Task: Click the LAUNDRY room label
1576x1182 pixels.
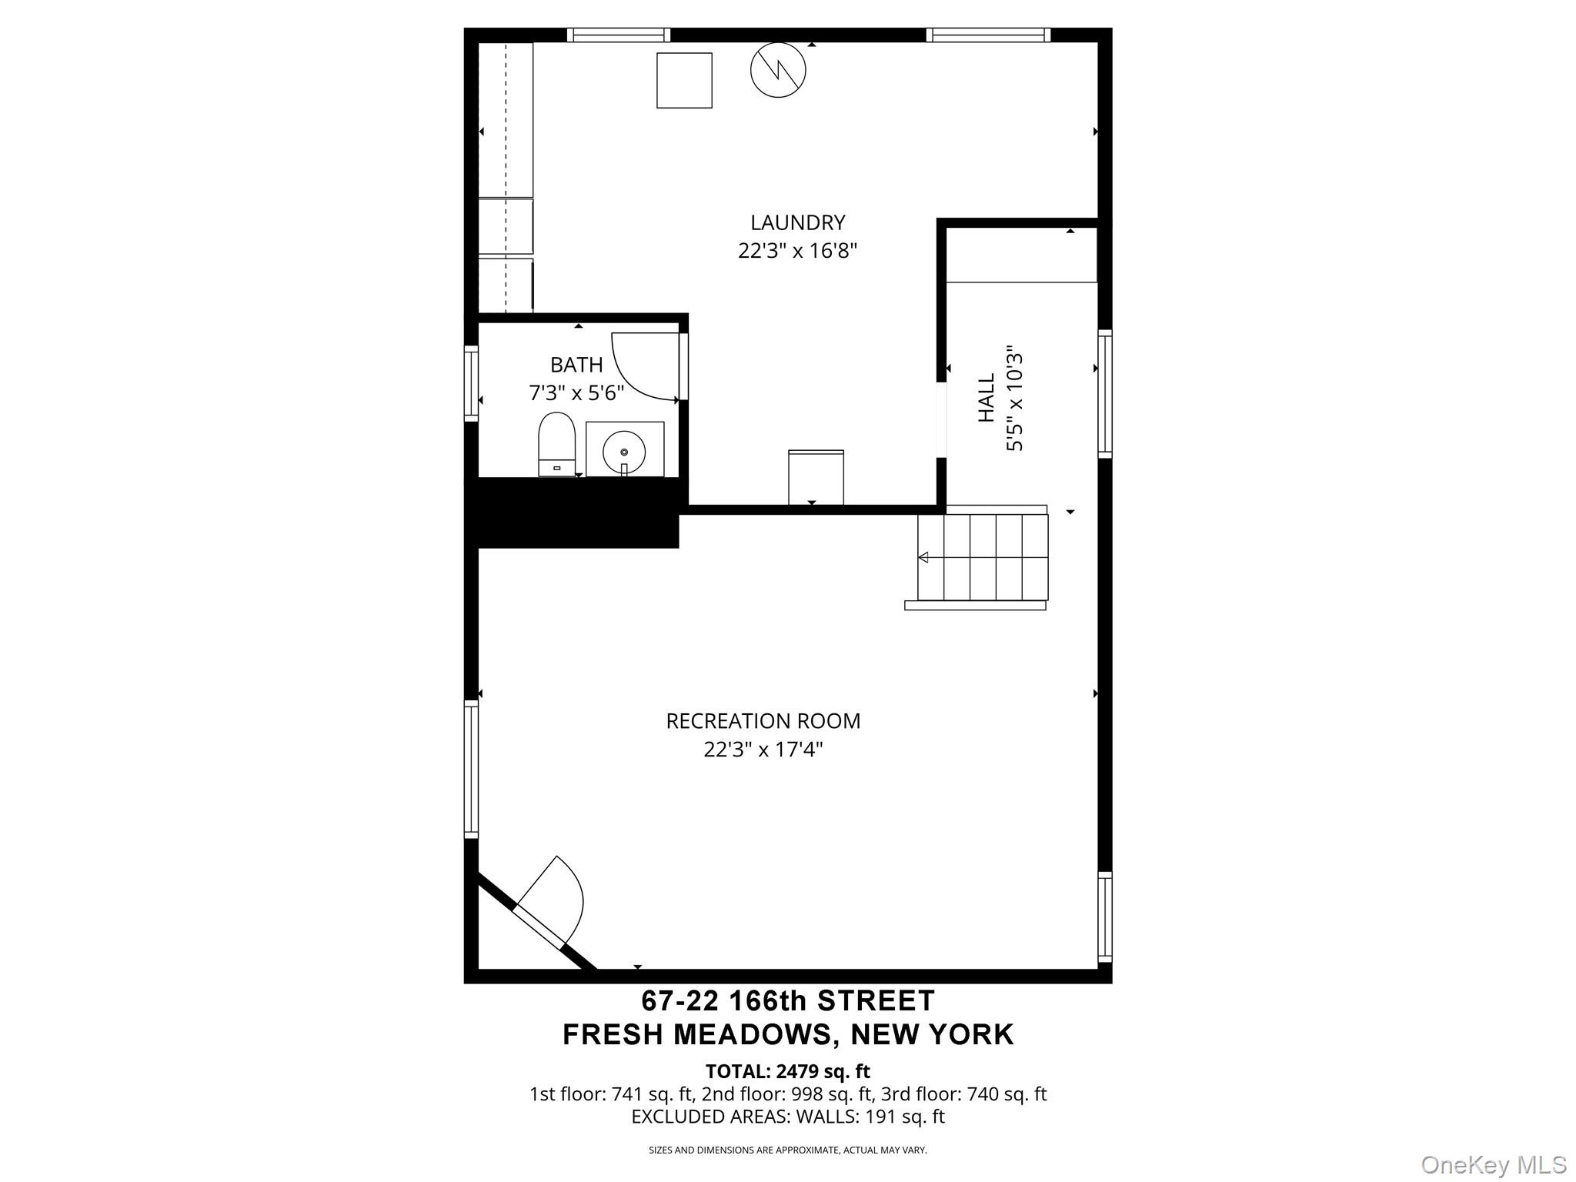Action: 797,222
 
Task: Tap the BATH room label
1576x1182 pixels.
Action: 576,365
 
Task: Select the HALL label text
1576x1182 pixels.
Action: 986,397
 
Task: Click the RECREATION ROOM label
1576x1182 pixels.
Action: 763,721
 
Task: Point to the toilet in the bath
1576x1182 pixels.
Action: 556,445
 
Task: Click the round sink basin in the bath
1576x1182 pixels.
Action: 624,452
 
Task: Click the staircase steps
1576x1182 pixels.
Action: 983,557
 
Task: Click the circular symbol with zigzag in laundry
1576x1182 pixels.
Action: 778,70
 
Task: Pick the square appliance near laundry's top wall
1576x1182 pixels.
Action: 684,80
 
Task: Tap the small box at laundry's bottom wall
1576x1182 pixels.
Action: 816,477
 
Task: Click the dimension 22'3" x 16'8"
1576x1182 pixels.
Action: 797,251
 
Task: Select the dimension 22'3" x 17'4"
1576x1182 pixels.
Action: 763,750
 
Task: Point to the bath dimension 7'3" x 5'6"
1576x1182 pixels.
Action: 576,393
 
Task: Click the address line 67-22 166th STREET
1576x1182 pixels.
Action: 788,1000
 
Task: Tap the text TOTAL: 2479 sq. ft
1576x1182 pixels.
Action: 787,1071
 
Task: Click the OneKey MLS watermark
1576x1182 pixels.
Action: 1493,1164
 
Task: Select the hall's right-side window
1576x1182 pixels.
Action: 1104,393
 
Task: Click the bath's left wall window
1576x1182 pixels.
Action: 471,383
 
